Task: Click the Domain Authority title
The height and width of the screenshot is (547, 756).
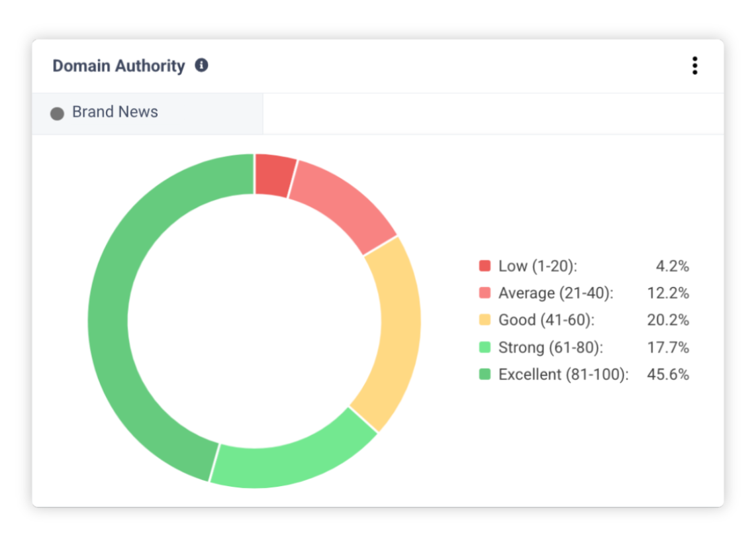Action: [118, 66]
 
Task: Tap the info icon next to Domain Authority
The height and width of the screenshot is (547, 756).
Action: [201, 66]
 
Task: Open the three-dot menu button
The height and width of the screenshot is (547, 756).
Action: [694, 66]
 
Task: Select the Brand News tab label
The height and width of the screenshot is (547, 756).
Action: [115, 112]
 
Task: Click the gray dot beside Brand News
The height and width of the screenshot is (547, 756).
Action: [58, 113]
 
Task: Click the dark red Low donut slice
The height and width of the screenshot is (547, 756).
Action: [274, 175]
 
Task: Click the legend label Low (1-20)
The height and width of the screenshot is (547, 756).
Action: [538, 266]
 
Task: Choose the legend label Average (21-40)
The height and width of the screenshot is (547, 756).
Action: [555, 293]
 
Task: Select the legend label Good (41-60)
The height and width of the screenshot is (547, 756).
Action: [546, 320]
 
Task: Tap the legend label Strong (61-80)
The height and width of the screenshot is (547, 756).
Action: [550, 347]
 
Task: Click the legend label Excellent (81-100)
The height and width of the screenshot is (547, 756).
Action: [563, 374]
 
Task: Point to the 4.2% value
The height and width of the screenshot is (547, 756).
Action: [672, 266]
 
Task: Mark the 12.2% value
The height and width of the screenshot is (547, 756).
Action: [668, 293]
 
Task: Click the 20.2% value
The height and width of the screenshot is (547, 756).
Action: [668, 320]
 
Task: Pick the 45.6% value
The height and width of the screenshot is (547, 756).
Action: [668, 374]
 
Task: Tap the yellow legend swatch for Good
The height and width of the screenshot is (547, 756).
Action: [485, 320]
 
